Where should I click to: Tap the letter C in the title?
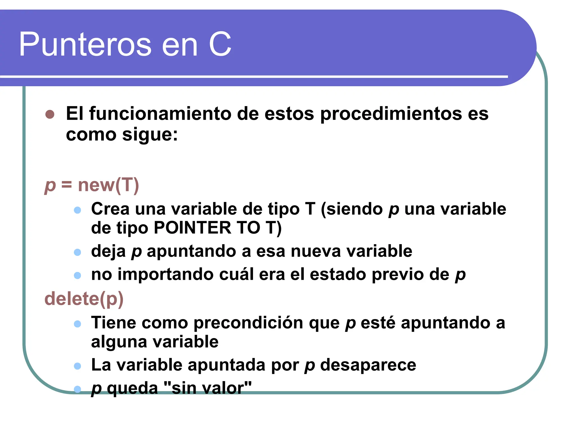coord(220,44)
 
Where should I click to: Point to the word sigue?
coord(150,134)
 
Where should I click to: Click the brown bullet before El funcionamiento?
coord(50,114)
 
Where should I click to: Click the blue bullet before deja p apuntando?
coord(77,252)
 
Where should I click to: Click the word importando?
coord(165,274)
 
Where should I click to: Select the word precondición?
coord(248,323)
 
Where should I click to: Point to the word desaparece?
coord(368,365)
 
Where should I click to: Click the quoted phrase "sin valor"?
coord(207,388)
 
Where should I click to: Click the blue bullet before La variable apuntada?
coord(77,366)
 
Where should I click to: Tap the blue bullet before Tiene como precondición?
coord(77,324)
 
